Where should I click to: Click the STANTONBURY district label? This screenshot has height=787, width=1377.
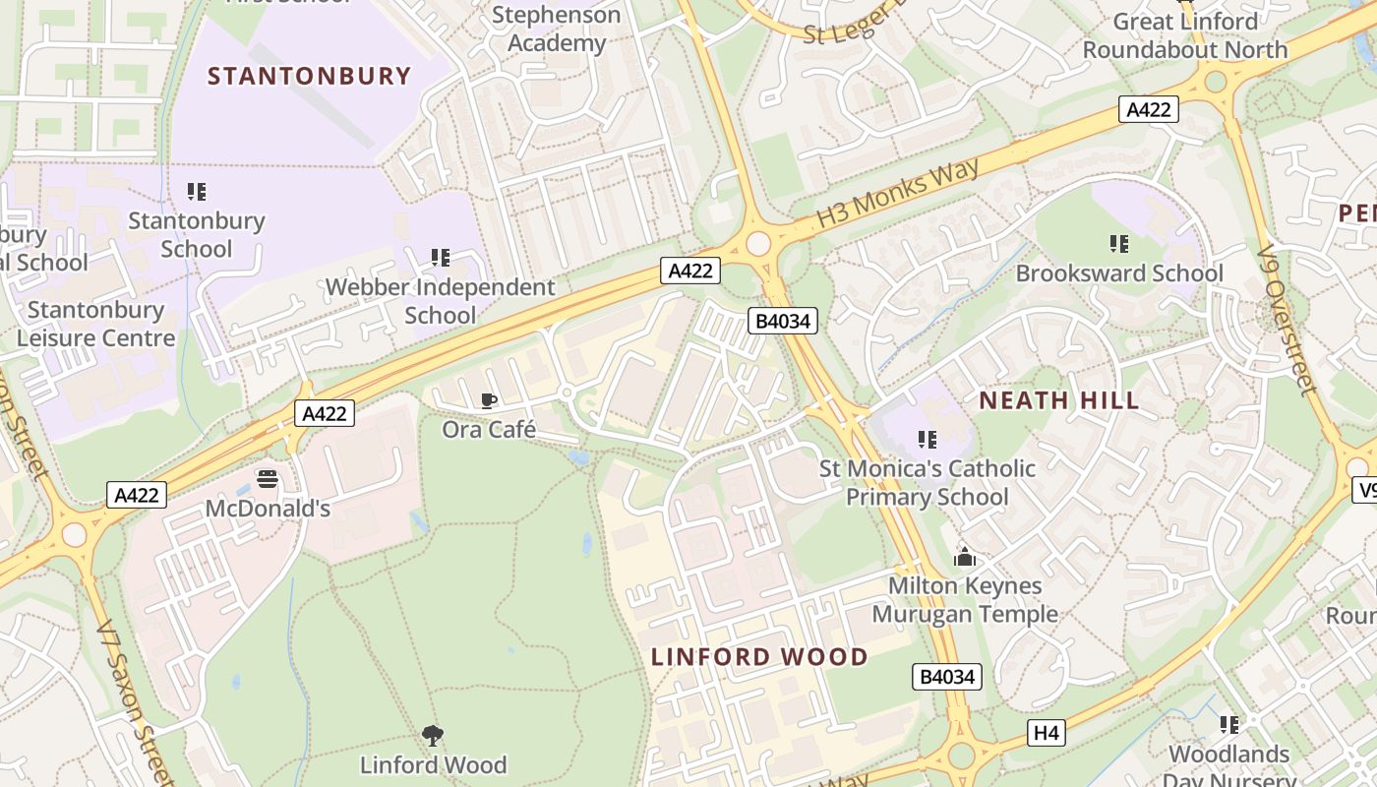pyautogui.click(x=309, y=76)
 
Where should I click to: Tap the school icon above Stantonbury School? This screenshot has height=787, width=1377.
pyautogui.click(x=197, y=191)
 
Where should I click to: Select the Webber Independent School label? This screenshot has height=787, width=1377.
pyautogui.click(x=440, y=301)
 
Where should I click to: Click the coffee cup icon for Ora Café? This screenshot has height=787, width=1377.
pyautogui.click(x=488, y=400)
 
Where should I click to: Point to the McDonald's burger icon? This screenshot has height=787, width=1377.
pyautogui.click(x=268, y=479)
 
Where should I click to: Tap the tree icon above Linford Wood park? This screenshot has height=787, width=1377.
pyautogui.click(x=433, y=735)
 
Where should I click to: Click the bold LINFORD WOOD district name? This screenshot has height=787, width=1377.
pyautogui.click(x=759, y=657)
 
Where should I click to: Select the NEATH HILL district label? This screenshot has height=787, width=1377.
pyautogui.click(x=1059, y=400)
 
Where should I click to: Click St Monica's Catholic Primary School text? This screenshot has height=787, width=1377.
pyautogui.click(x=928, y=482)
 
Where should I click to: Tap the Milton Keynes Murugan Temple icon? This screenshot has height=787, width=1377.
pyautogui.click(x=965, y=557)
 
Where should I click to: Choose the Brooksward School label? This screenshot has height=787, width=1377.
pyautogui.click(x=1119, y=272)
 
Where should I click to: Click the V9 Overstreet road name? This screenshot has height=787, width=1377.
pyautogui.click(x=1287, y=320)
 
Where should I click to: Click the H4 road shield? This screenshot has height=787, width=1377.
pyautogui.click(x=1047, y=732)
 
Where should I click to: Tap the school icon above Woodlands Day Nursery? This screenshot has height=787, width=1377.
pyautogui.click(x=1229, y=725)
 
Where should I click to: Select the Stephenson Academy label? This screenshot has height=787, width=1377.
pyautogui.click(x=556, y=30)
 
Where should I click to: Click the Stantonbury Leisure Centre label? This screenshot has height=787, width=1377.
pyautogui.click(x=95, y=324)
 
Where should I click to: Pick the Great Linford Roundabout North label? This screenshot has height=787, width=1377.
pyautogui.click(x=1184, y=35)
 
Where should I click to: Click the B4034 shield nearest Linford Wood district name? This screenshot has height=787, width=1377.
pyautogui.click(x=947, y=677)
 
